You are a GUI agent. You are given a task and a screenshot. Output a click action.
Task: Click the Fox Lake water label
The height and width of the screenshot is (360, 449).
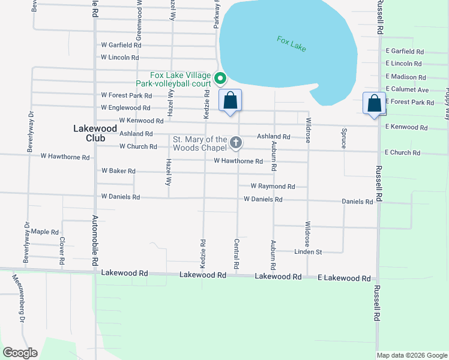pyautogui.click(x=292, y=44)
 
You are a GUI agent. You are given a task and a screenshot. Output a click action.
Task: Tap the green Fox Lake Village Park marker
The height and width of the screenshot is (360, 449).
pyautogui.click(x=220, y=78)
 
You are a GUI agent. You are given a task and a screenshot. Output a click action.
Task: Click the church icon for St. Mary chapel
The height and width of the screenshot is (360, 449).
pyautogui.click(x=236, y=143)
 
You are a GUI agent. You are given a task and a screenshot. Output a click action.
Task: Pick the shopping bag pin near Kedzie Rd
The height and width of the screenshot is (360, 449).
pyautogui.click(x=230, y=100)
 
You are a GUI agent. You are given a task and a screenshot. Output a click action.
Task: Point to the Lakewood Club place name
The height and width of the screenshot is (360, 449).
pyautogui.click(x=92, y=132)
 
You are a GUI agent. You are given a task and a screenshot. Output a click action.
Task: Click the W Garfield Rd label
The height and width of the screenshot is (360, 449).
pyautogui.click(x=121, y=45)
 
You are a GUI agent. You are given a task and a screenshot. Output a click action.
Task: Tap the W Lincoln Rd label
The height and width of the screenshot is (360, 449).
pyautogui.click(x=120, y=58)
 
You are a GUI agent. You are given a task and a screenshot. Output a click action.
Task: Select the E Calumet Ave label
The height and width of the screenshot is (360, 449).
pyautogui.click(x=407, y=89)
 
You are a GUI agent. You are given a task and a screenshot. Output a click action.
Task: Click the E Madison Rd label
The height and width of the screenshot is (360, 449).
pyautogui.click(x=406, y=77)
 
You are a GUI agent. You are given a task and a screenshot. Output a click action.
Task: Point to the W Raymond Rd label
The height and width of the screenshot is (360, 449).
pyautogui.click(x=273, y=187)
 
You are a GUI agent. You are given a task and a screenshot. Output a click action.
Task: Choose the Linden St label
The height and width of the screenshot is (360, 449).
pyautogui.click(x=308, y=252)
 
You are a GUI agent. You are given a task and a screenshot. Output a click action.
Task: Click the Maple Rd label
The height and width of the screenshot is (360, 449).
pyautogui.click(x=45, y=232)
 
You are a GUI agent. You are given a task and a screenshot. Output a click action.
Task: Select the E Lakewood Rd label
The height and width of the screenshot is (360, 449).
pyautogui.click(x=345, y=278)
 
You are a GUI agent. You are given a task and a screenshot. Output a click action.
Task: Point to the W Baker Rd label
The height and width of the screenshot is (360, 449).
pyautogui.click(x=118, y=171)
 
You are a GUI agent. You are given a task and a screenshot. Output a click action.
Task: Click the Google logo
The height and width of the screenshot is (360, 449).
pyautogui.click(x=20, y=353)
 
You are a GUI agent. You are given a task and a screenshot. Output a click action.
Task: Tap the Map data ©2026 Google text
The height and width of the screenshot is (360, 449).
pyautogui.click(x=411, y=355)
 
